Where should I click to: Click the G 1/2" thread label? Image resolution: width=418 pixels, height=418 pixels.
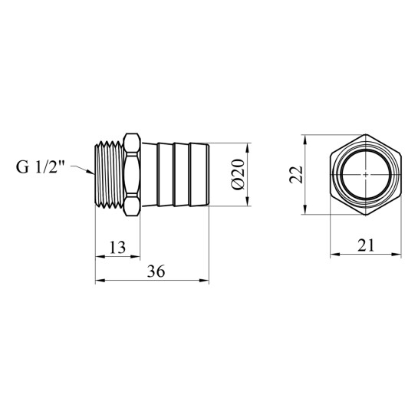coord(40,166)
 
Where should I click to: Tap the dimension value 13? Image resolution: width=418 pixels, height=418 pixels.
coord(117,248)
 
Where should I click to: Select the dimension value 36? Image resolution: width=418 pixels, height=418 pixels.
coord(156,272)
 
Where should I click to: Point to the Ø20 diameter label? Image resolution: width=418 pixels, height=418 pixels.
coord(238,174)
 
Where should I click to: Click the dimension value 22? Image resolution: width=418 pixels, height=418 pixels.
coord(296,175)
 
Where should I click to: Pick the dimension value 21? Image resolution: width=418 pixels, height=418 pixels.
coord(366,245)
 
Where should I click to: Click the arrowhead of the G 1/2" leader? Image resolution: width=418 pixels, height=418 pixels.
coord(91,171)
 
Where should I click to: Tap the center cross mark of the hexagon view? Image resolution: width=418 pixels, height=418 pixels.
coord(366,175)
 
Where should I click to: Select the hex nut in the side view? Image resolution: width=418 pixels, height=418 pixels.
coord(132,174)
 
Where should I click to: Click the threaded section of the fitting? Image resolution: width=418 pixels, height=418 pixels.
coord(110,174)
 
